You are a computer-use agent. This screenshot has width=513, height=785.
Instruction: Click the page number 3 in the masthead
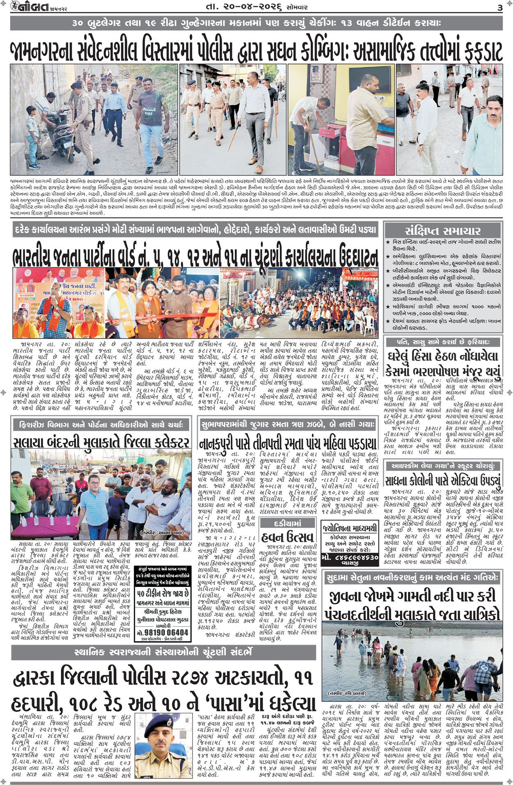coord(499,8)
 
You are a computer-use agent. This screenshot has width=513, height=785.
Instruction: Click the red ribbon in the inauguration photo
coord(164,317)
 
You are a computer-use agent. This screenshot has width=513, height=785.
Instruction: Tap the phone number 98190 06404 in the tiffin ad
coord(163,632)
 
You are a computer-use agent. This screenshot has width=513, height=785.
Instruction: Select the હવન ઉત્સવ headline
coord(288,536)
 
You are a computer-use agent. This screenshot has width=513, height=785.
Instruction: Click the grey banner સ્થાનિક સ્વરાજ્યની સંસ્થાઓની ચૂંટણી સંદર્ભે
coord(163,652)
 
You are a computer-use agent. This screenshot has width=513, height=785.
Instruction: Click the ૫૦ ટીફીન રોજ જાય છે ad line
coord(163,594)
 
